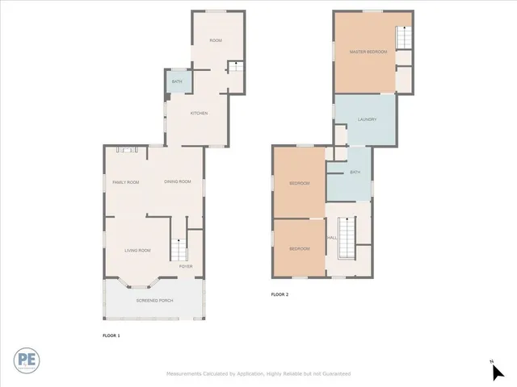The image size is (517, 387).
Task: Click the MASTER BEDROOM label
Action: (x=368, y=52)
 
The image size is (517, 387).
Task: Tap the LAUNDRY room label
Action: (x=368, y=120)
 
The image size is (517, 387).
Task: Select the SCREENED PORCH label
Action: (x=154, y=301)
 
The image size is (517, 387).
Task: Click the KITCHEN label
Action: (x=199, y=113)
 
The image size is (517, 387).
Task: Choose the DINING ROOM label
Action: (x=178, y=182)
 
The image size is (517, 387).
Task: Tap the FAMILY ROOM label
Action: (x=125, y=182)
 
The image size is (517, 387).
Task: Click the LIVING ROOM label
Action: (x=137, y=251)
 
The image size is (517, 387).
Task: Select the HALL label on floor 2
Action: (x=331, y=238)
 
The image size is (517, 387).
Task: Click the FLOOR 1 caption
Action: (x=111, y=335)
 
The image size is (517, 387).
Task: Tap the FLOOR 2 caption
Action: (x=280, y=294)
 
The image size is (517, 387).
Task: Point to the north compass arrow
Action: (x=498, y=371)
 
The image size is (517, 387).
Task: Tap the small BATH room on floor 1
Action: (x=176, y=82)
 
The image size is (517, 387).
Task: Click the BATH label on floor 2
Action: (x=355, y=173)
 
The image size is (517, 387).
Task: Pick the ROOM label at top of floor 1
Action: (x=216, y=40)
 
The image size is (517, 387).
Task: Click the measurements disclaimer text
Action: (x=258, y=374)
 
